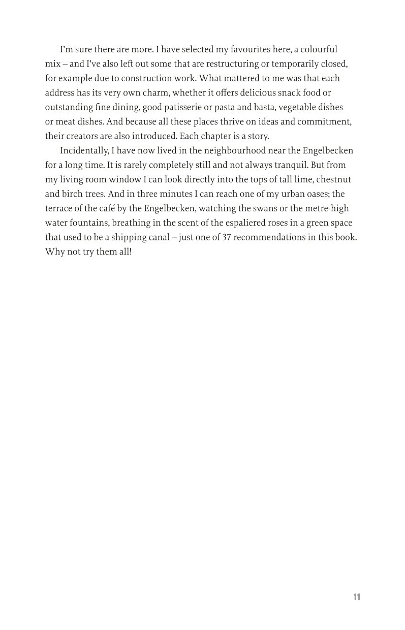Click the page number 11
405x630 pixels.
356,597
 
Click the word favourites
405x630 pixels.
264,49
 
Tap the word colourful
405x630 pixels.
319,49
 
